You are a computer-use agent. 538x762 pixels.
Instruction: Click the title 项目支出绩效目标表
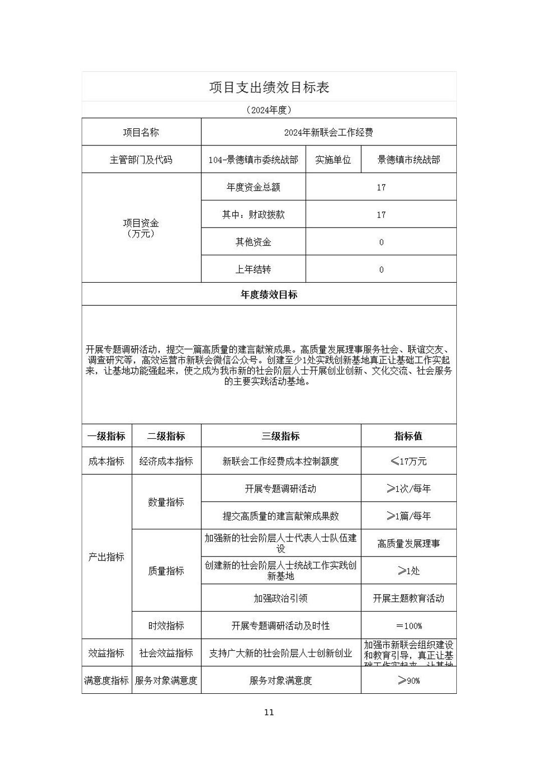tap(269, 87)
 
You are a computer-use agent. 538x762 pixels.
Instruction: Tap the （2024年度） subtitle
tap(269, 110)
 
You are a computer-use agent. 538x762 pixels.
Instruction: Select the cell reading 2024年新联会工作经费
tap(328, 132)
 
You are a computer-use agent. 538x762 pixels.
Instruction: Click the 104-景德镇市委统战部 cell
tap(253, 160)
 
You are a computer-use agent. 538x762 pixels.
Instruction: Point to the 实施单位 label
tap(333, 160)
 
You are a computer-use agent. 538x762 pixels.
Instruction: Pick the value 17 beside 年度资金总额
tap(381, 187)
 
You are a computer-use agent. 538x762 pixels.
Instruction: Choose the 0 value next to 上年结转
tap(381, 270)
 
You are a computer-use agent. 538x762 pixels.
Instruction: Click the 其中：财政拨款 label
tap(253, 215)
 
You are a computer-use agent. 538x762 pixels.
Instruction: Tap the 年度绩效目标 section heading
tap(269, 295)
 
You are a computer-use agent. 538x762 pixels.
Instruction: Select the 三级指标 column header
tap(281, 436)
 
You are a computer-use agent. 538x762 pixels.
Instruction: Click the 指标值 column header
tap(408, 436)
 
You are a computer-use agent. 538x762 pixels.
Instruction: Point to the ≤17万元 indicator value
tap(408, 461)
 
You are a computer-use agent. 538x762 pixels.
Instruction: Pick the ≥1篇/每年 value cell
tap(408, 516)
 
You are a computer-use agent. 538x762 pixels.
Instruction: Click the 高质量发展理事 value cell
tap(408, 543)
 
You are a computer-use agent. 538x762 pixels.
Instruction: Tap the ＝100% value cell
tap(408, 626)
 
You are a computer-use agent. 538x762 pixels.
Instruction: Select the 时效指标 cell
tap(166, 626)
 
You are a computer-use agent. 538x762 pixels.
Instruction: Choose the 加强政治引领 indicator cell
tap(281, 598)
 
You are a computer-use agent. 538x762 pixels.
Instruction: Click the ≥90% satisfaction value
tap(408, 680)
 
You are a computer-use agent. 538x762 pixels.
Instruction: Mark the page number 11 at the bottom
tap(269, 712)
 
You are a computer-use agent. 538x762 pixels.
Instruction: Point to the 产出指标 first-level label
tap(106, 557)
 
